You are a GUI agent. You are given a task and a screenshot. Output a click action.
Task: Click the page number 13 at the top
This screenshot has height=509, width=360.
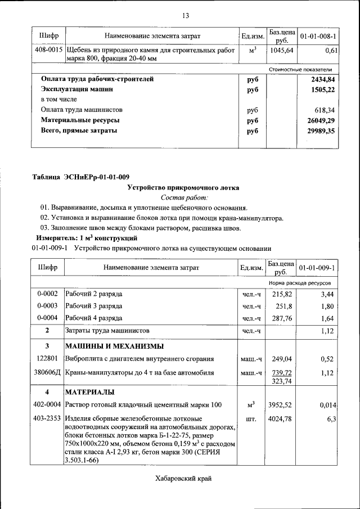(x=185, y=15)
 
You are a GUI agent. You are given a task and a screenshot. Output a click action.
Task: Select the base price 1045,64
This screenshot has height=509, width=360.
(x=282, y=51)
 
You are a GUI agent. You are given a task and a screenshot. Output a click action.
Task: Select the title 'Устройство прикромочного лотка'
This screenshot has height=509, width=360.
(x=183, y=187)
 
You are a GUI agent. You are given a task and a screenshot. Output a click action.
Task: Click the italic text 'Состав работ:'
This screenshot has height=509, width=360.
(x=184, y=197)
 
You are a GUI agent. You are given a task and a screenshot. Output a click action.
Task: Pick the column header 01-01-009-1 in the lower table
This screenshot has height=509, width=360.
(x=317, y=267)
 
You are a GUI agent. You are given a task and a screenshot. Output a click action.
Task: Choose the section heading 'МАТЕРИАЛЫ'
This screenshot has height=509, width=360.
(x=90, y=391)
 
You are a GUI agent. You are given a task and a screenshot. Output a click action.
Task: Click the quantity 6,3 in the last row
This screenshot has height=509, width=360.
(x=331, y=419)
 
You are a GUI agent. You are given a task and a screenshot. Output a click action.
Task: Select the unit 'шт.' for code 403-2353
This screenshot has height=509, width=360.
(x=251, y=419)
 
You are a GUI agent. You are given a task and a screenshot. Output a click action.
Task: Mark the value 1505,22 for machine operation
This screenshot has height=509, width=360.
(x=319, y=89)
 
